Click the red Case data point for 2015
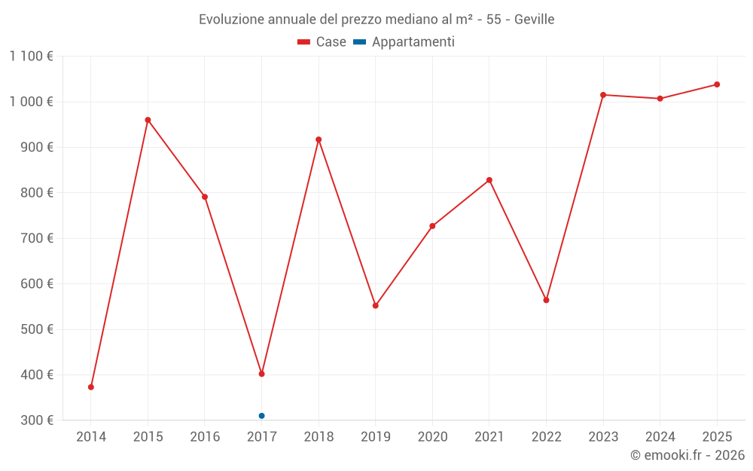[x=148, y=120]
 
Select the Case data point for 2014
[x=91, y=387]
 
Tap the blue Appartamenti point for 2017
[x=261, y=416]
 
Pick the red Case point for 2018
[x=319, y=139]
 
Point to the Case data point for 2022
[x=546, y=300]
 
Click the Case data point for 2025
[x=717, y=84]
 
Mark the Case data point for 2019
[x=375, y=306]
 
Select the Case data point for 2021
[x=489, y=180]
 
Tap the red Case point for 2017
[x=261, y=374]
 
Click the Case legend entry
[x=322, y=42]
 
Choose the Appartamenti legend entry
[x=404, y=42]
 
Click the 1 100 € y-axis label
[x=31, y=57]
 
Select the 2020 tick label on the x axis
[x=432, y=437]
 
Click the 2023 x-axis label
[x=603, y=437]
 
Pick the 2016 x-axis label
[x=205, y=437]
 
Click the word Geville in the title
[x=535, y=20]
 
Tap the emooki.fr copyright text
[x=687, y=455]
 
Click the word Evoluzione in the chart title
[x=230, y=20]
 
